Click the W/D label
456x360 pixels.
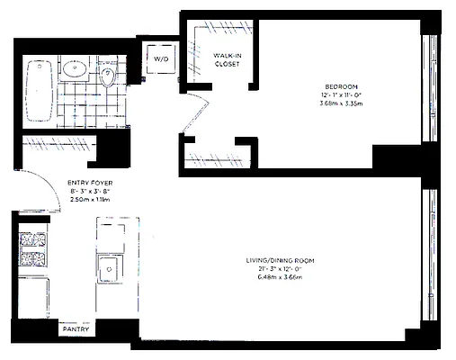point(161,58)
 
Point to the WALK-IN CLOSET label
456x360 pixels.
point(226,60)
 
